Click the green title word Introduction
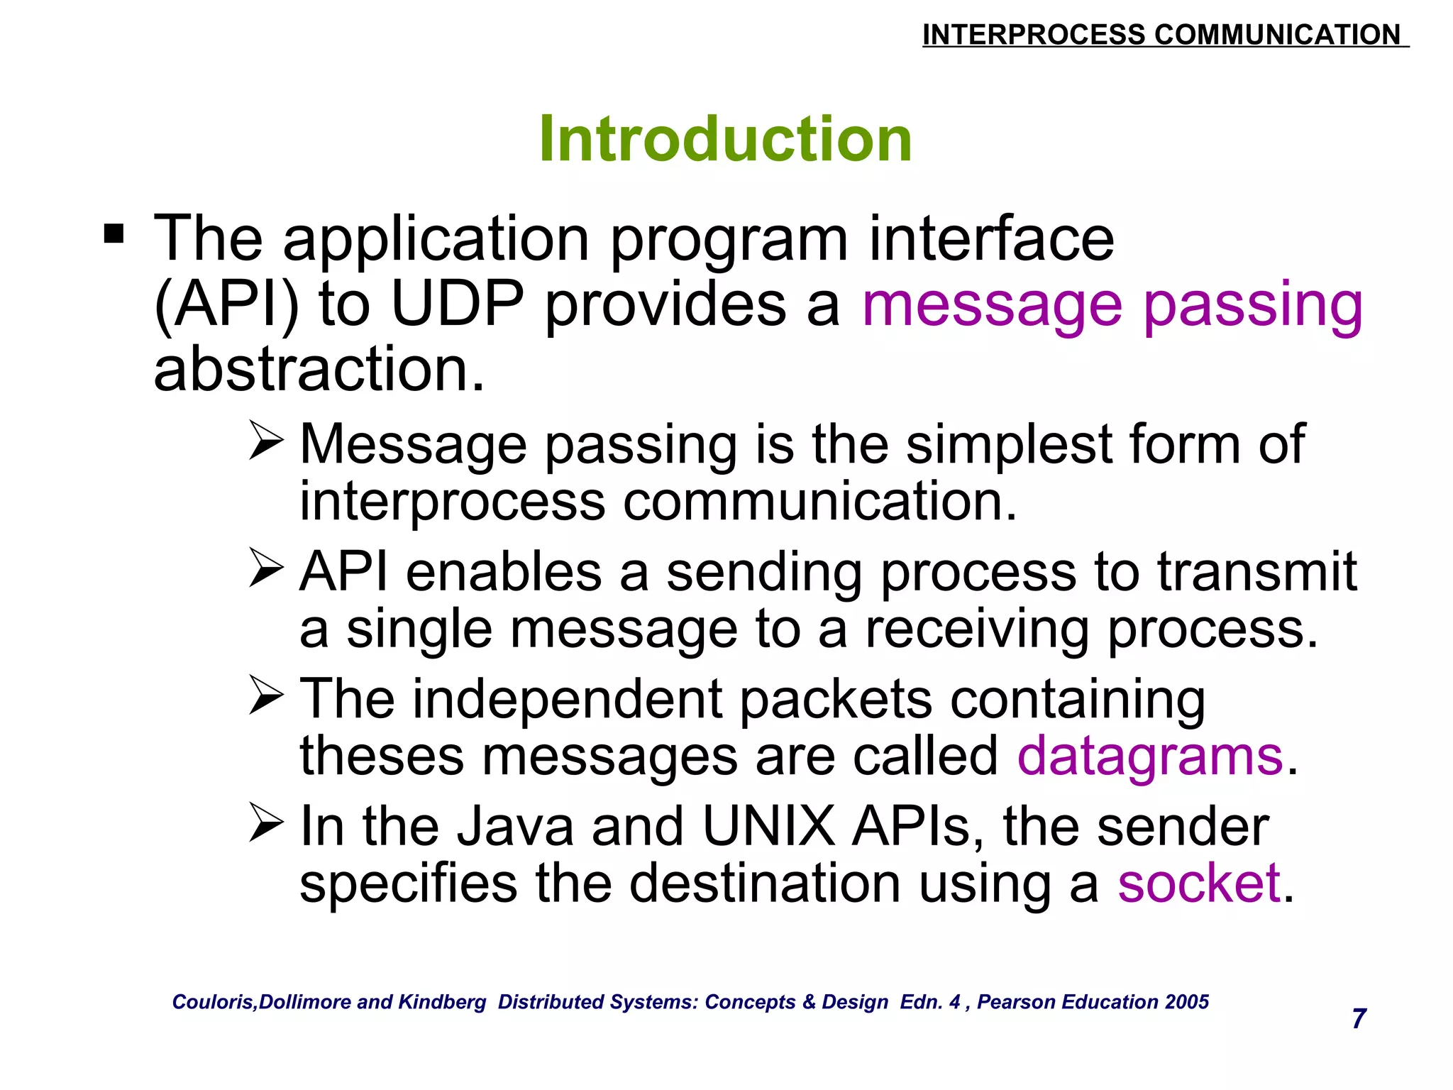[725, 139]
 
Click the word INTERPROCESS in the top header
[1033, 35]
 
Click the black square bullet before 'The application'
[114, 233]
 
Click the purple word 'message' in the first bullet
[992, 305]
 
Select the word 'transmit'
[1256, 572]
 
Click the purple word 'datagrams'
[1150, 756]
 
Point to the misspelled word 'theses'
[382, 756]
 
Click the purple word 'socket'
[1199, 884]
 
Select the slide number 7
[1359, 1018]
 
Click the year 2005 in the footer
[1186, 1001]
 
